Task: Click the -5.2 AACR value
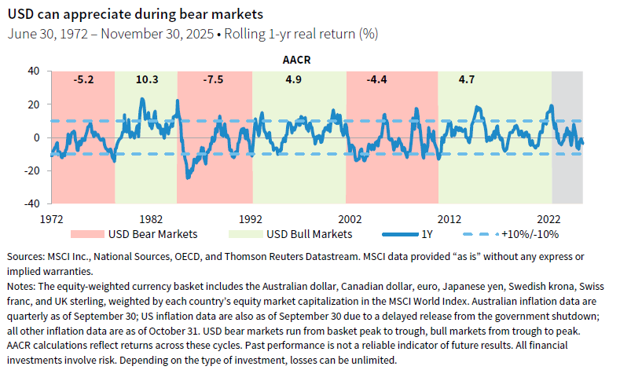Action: (83, 79)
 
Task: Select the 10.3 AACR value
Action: (147, 79)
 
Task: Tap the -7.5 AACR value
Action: (212, 79)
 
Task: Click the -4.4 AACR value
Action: (378, 79)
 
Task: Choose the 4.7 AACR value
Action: (467, 79)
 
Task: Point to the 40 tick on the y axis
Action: (33, 71)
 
